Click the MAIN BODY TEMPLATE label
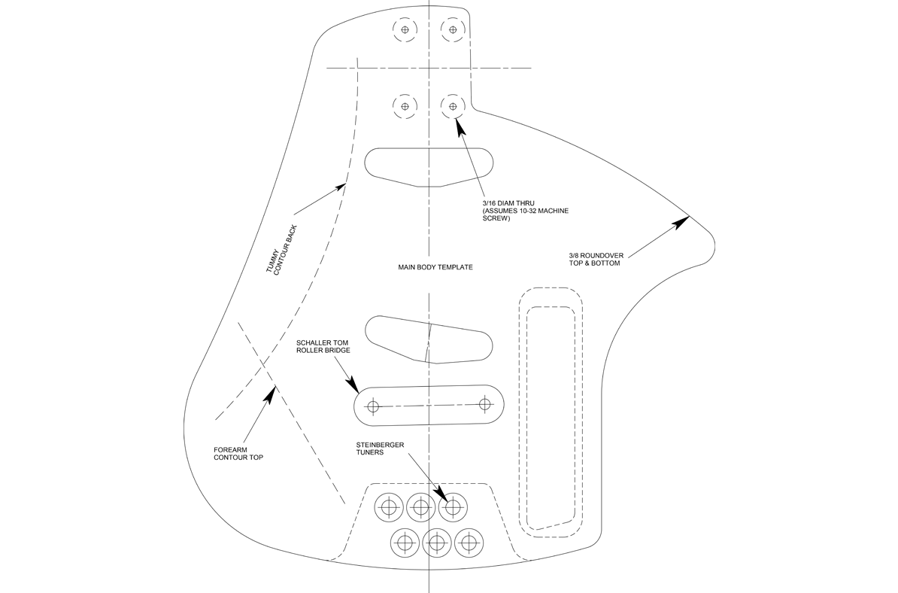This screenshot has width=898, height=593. [x=435, y=267]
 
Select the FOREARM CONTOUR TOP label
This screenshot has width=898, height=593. [x=238, y=453]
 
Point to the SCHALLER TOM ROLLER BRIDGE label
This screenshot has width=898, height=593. [x=323, y=346]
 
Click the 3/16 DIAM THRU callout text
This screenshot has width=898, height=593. [x=526, y=211]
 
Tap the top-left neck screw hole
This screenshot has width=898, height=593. [x=405, y=30]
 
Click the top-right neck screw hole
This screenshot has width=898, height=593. [x=453, y=30]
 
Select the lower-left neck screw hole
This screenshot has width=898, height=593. [x=405, y=106]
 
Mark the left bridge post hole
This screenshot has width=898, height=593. [x=373, y=407]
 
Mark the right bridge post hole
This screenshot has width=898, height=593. [x=485, y=404]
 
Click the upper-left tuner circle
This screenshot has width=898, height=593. [x=389, y=506]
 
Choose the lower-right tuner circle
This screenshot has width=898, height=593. [x=469, y=541]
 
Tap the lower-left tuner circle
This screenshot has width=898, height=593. [x=405, y=541]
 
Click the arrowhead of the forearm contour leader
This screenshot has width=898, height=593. [x=271, y=394]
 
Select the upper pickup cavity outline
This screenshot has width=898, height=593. [x=429, y=167]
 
